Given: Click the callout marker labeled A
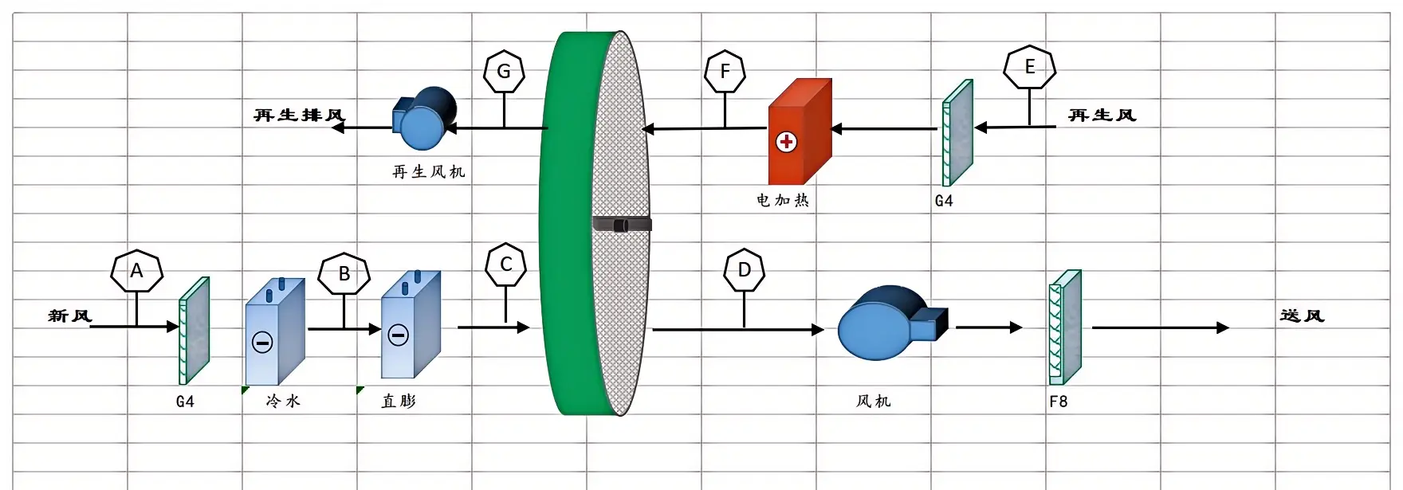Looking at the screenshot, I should tap(137, 271).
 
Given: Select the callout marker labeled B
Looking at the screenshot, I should tap(344, 274).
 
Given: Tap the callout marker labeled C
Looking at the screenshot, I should tap(505, 265).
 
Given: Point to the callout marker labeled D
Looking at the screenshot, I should tap(744, 270).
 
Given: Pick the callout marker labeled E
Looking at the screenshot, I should tap(1029, 67).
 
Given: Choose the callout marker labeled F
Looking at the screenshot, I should tap(725, 72).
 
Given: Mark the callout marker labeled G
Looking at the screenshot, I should tap(504, 72).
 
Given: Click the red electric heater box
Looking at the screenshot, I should tap(799, 131).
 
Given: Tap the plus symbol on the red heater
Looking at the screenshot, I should tap(786, 142).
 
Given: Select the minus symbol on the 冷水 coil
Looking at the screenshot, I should tap(262, 343).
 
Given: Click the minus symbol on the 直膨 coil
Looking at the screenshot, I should tap(398, 335).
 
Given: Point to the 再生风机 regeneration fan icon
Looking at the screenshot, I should tap(426, 119).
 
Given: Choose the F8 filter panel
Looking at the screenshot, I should tap(1065, 327).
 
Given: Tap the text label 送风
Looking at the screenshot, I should tap(1302, 316).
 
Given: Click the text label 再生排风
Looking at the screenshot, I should tap(299, 116).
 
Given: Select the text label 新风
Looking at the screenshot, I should tap(70, 316).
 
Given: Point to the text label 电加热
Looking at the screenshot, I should tap(782, 200).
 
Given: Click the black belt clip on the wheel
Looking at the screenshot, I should tap(623, 225).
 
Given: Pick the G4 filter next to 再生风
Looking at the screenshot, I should tap(957, 132).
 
